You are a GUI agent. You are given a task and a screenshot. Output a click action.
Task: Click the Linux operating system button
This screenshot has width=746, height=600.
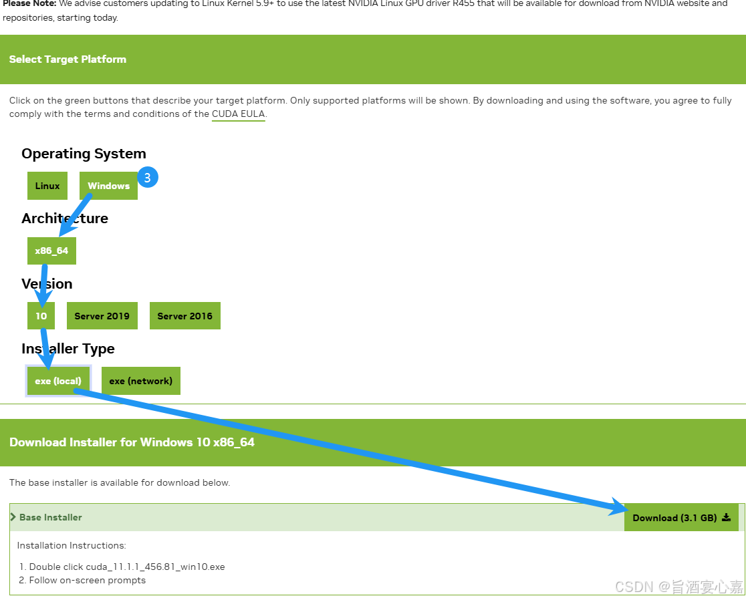(47, 186)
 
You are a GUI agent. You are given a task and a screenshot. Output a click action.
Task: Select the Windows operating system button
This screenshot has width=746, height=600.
(108, 186)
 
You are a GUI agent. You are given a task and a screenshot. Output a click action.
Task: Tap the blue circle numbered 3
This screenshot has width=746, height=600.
(148, 178)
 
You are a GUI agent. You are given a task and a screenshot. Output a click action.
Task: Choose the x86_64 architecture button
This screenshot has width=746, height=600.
(51, 251)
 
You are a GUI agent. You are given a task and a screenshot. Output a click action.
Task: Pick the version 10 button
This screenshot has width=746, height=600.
(41, 316)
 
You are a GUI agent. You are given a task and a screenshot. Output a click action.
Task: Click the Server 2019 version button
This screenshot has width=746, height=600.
(102, 316)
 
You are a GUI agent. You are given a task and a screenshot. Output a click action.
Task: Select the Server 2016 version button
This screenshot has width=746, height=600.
(184, 316)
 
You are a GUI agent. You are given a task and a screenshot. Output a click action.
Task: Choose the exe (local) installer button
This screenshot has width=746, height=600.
(58, 381)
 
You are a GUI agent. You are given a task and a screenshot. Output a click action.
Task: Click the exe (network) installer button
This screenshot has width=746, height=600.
(140, 381)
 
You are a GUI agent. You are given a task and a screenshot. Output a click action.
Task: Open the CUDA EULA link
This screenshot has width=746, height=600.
(238, 114)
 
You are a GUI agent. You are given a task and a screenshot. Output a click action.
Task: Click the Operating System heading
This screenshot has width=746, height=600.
(84, 154)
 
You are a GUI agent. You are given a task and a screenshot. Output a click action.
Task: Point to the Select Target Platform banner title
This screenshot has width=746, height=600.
(68, 59)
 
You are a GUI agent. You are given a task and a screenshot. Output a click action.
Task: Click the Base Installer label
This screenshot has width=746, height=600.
(51, 517)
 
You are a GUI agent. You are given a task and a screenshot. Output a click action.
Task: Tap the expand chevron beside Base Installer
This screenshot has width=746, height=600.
(13, 517)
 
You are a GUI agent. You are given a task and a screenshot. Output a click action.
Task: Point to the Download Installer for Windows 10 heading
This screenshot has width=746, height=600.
(132, 442)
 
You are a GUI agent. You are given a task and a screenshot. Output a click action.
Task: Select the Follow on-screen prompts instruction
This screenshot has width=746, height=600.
(87, 580)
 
